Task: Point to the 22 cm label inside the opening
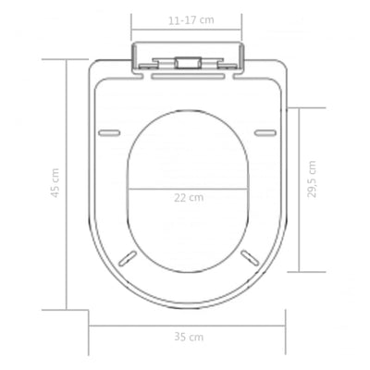189,198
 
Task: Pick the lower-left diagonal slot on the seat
129,258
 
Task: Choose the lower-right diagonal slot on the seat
250,258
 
